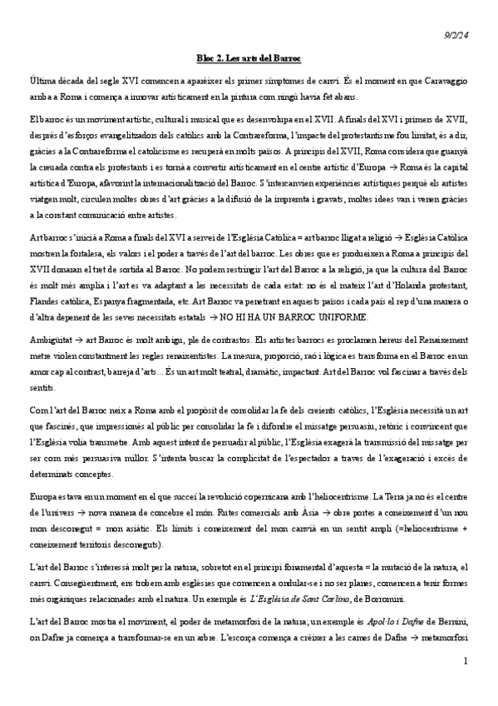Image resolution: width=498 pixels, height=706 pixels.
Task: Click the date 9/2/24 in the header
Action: pyautogui.click(x=456, y=32)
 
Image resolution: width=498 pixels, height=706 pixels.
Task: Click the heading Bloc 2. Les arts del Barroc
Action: pyautogui.click(x=249, y=58)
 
